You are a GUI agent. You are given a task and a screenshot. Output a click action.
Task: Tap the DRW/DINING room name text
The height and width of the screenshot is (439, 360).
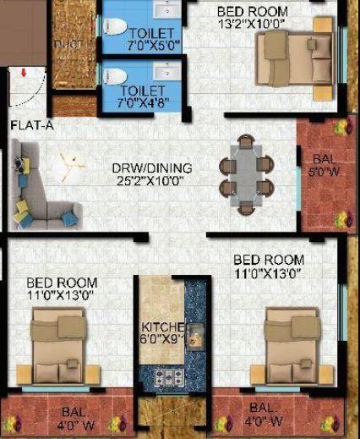(152, 167)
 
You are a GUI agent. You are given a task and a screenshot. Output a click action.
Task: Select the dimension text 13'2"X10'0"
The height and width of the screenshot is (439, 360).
(252, 24)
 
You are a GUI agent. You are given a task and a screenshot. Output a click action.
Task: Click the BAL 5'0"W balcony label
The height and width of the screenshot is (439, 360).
(322, 167)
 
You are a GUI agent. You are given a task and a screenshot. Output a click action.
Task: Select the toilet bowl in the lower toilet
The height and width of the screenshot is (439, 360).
(115, 78)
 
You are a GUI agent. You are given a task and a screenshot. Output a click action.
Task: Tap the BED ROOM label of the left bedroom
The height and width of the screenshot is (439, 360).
(61, 283)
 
